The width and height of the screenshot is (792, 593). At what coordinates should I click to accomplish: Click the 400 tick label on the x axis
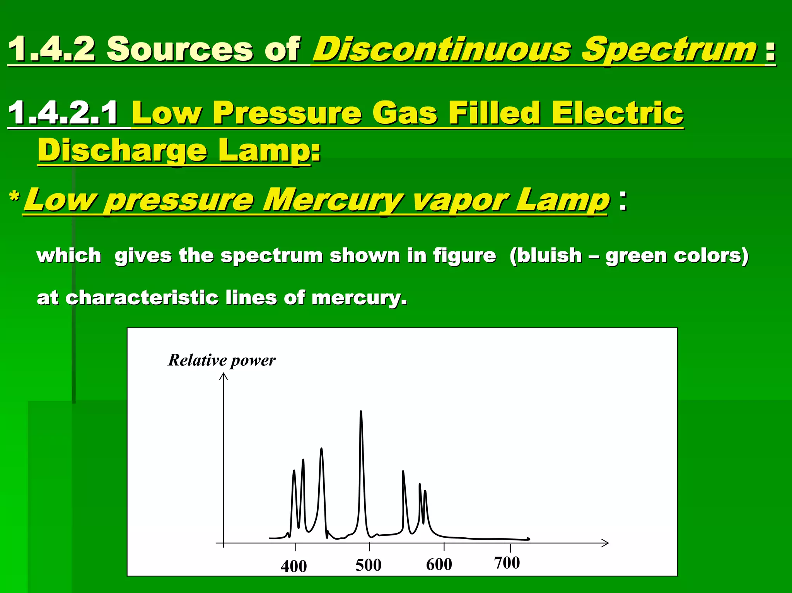(294, 566)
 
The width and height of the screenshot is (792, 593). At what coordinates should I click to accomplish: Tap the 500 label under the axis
(368, 565)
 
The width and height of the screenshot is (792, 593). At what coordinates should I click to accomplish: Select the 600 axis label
(439, 564)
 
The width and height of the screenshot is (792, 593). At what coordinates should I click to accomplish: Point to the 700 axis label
(507, 563)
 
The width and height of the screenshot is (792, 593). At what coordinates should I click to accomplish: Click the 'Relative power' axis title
(222, 360)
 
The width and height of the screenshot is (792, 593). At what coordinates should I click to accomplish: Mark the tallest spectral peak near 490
(361, 412)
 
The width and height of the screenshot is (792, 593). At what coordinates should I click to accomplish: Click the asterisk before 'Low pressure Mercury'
(14, 197)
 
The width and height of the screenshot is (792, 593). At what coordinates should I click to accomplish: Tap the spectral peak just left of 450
(321, 450)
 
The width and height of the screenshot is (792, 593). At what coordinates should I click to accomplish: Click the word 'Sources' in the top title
(180, 49)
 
